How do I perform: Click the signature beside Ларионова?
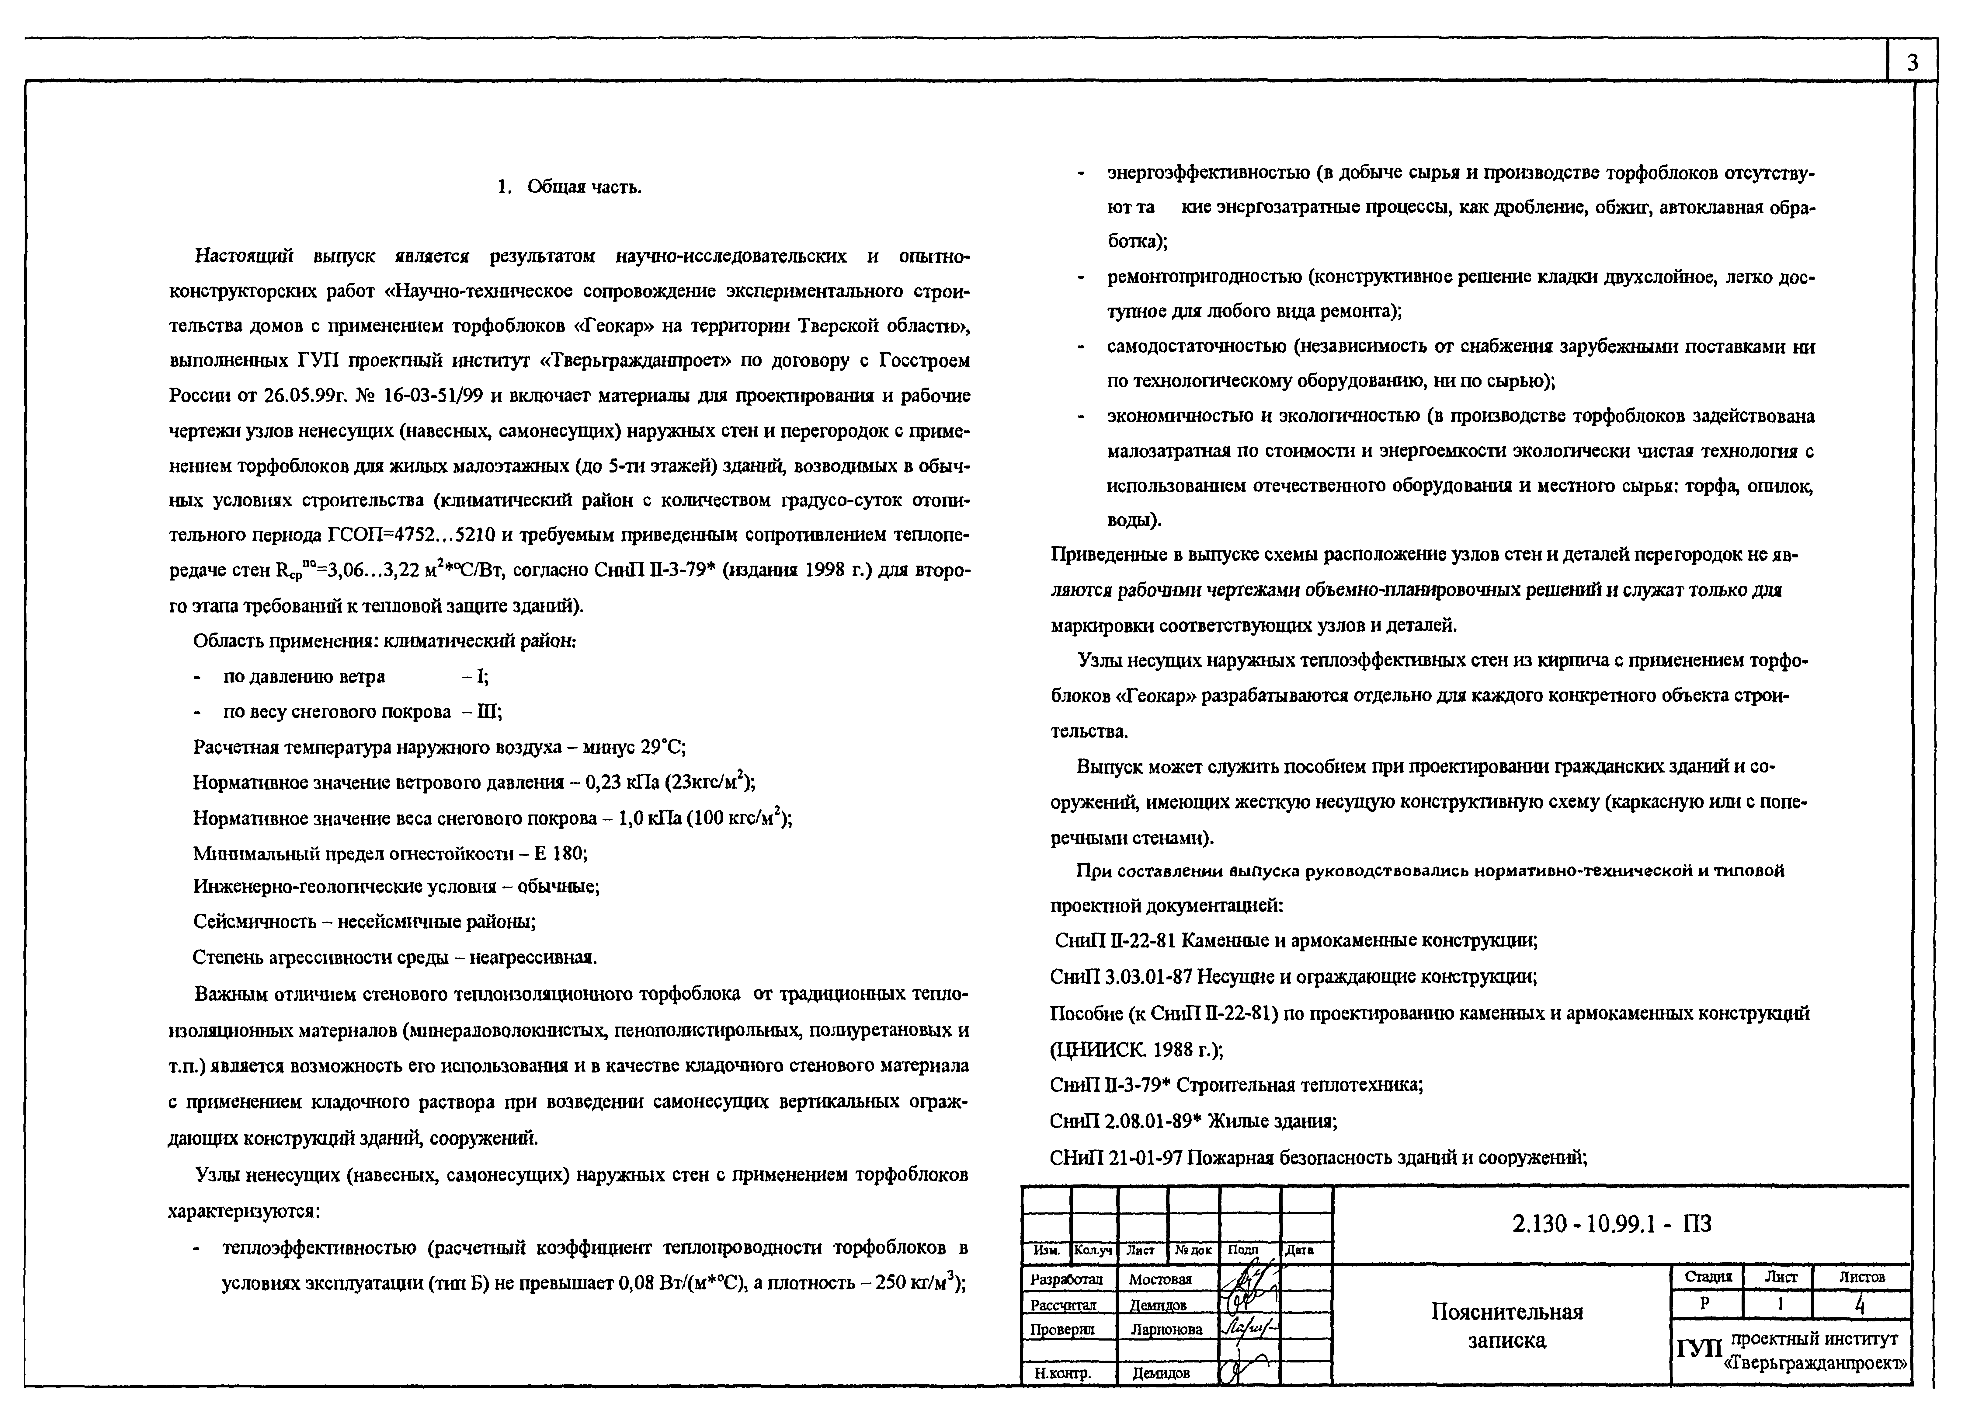click(1249, 1328)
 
